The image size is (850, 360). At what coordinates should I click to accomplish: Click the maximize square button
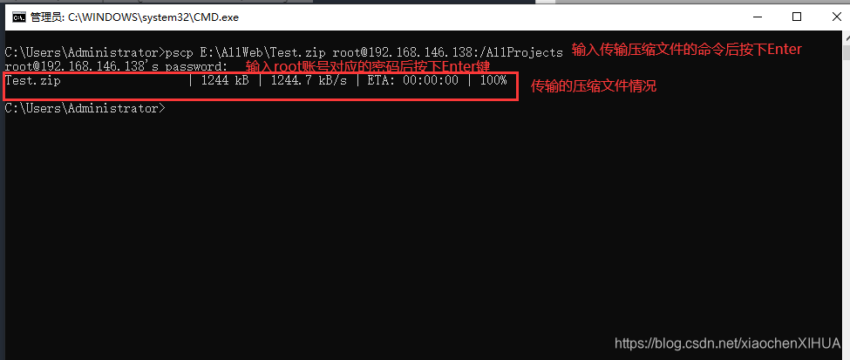pyautogui.click(x=796, y=16)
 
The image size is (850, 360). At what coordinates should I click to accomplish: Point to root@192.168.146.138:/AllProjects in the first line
pyautogui.click(x=448, y=53)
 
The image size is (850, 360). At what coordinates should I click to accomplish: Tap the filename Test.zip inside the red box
pyautogui.click(x=33, y=81)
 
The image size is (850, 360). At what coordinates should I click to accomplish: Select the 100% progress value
pyautogui.click(x=493, y=81)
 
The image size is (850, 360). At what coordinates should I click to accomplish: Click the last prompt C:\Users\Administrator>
pyautogui.click(x=84, y=108)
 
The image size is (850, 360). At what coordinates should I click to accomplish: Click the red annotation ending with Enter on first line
pyautogui.click(x=686, y=50)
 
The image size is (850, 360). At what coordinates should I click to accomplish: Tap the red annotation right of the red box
pyautogui.click(x=593, y=86)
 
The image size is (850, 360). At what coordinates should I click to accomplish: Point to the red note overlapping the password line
pyautogui.click(x=369, y=67)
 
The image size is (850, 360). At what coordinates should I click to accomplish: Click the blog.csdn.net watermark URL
pyautogui.click(x=728, y=343)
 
